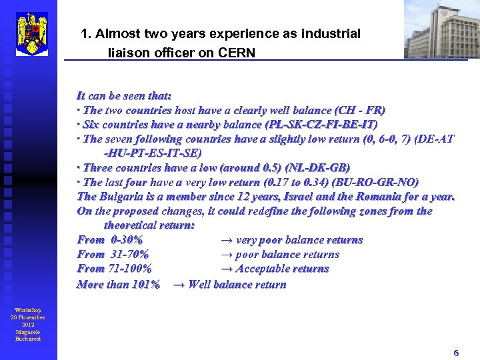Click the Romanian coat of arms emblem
[31, 33]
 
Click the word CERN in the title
[237, 53]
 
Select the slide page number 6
[456, 353]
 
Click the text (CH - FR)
[360, 110]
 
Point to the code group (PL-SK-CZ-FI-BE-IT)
[321, 125]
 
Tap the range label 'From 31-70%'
[113, 254]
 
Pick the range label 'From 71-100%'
[114, 269]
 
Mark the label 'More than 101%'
[118, 285]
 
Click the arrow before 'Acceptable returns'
[226, 269]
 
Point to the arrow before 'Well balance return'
[178, 285]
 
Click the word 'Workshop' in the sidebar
[28, 311]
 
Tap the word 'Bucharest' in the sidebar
[28, 339]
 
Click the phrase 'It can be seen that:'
[124, 96]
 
